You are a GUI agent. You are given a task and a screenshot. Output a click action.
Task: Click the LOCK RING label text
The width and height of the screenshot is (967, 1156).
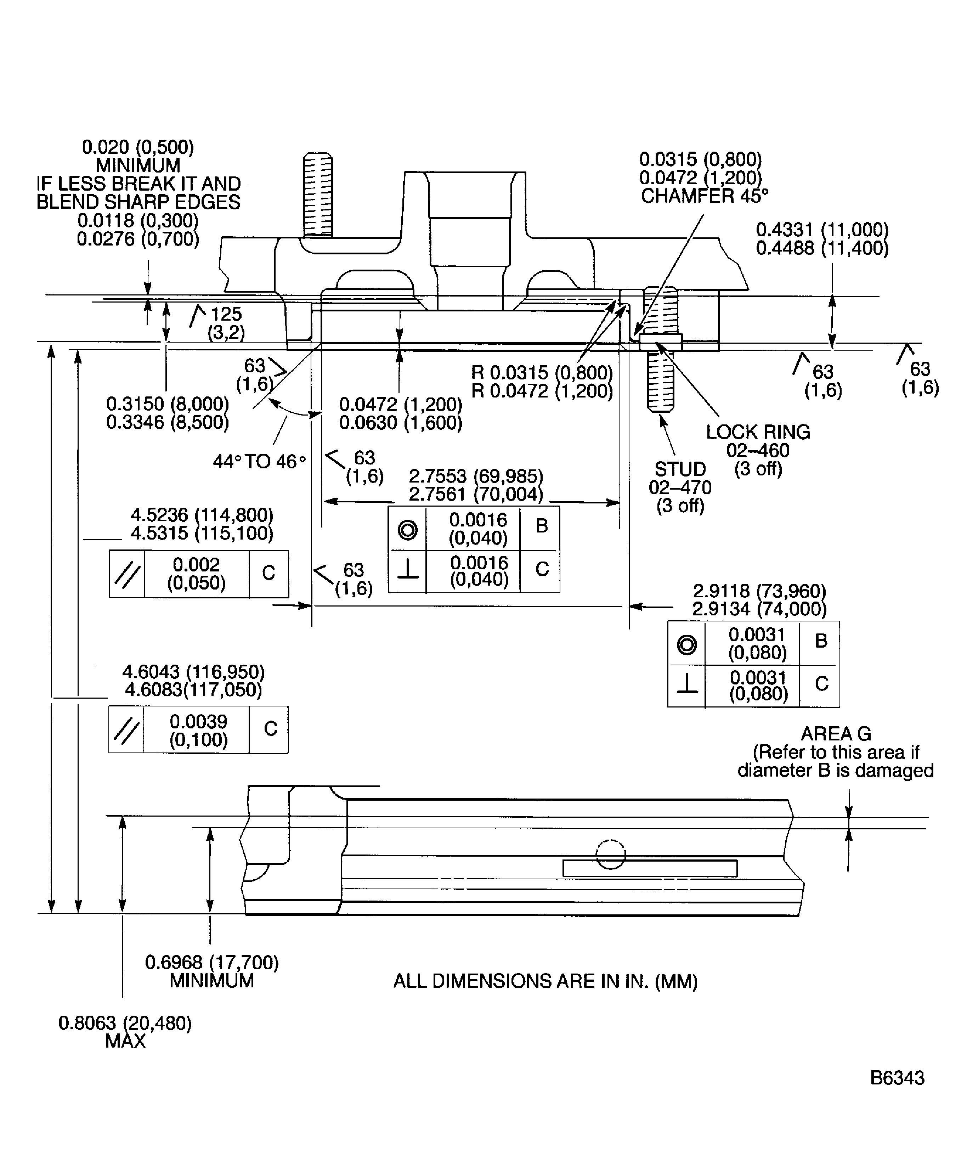tap(758, 432)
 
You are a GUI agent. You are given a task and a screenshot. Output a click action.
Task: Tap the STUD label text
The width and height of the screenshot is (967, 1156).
tap(680, 469)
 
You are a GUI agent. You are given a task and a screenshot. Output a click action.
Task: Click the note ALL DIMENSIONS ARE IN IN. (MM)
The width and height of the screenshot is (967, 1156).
tap(545, 981)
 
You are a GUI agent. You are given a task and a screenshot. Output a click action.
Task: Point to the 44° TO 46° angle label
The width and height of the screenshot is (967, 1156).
tap(259, 461)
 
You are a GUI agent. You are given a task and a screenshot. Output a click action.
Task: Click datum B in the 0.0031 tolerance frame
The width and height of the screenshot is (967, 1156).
tap(821, 641)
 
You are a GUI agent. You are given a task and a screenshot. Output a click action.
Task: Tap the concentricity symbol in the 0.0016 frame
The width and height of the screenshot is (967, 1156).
tap(407, 530)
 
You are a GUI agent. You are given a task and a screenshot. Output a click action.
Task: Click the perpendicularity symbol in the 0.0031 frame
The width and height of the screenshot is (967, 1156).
tap(686, 684)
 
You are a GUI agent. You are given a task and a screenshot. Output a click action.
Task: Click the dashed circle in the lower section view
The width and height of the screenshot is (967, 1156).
tap(610, 855)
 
